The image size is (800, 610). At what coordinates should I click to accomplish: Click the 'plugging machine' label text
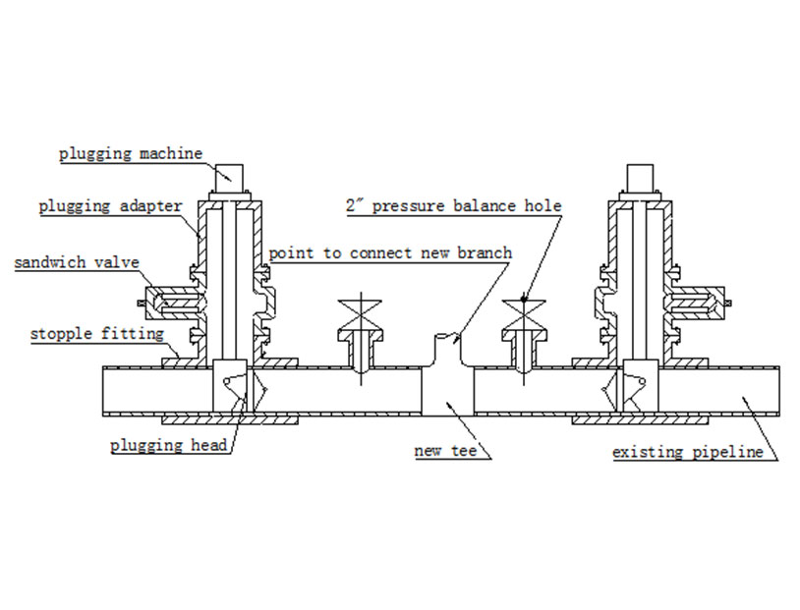(130, 154)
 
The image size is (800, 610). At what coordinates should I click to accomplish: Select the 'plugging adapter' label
(110, 207)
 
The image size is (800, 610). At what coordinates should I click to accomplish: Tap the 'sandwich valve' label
(77, 263)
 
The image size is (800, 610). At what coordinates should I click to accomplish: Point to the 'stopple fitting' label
(96, 334)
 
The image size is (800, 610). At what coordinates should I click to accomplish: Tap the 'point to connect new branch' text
(390, 253)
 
